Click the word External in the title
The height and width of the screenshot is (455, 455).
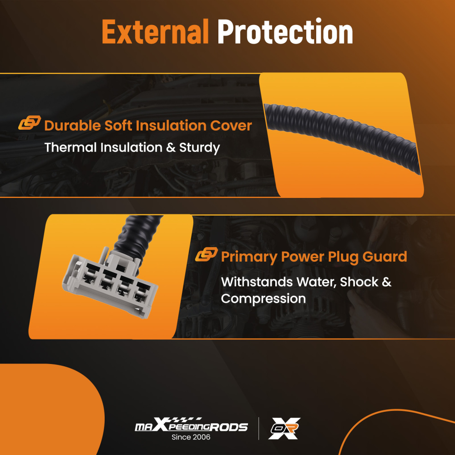(x=155, y=31)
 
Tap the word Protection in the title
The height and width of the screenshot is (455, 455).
(x=285, y=31)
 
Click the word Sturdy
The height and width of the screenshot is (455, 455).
(x=200, y=148)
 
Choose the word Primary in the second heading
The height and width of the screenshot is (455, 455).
(x=249, y=257)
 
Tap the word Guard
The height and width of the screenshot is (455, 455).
(x=385, y=257)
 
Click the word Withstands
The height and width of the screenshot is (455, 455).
(x=257, y=282)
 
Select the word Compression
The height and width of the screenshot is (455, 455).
(x=263, y=299)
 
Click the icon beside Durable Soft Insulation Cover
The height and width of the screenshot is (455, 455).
(x=30, y=122)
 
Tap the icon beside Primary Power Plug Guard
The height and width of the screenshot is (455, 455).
(x=206, y=254)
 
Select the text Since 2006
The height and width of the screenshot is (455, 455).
(x=191, y=437)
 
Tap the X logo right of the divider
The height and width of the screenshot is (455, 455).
(x=284, y=428)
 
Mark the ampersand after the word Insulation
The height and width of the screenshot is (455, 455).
(x=171, y=147)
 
